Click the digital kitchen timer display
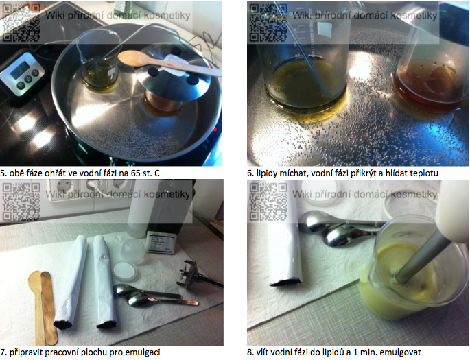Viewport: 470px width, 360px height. pyautogui.click(x=20, y=70)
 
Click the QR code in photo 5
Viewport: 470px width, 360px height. pyautogui.click(x=21, y=22)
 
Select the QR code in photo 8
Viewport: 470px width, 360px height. pyautogui.click(x=268, y=202)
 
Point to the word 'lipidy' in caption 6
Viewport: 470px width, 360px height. pyautogui.click(x=266, y=173)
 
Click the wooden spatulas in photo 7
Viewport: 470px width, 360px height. pyautogui.click(x=43, y=307)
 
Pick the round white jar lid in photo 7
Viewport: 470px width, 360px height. pyautogui.click(x=124, y=270)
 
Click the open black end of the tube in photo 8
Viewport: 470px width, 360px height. pyautogui.click(x=285, y=282)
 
